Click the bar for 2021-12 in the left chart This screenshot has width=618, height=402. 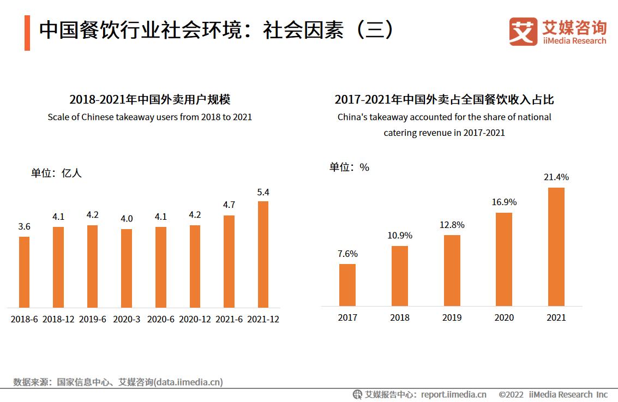[263, 254]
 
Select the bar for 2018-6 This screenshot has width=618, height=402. [24, 272]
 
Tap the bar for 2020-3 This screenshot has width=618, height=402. [127, 268]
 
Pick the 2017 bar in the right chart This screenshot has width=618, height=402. [347, 285]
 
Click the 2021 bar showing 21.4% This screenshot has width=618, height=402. [556, 247]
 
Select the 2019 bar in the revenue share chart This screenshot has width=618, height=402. [452, 271]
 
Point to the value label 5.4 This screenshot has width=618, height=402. [263, 192]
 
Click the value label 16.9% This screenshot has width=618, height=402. [504, 202]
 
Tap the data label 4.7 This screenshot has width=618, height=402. [229, 205]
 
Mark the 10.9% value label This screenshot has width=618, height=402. [400, 236]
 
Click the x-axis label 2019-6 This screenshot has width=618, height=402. [93, 319]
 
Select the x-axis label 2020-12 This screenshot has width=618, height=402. [195, 319]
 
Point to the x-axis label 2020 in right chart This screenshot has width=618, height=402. [504, 317]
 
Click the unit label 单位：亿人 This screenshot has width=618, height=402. [56, 173]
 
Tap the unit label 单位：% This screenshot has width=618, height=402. [349, 167]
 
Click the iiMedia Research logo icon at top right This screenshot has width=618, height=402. [523, 32]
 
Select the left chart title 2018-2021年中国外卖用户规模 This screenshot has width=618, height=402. [149, 99]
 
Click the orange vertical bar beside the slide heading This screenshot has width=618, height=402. [27, 33]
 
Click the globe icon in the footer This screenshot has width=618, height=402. [357, 394]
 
